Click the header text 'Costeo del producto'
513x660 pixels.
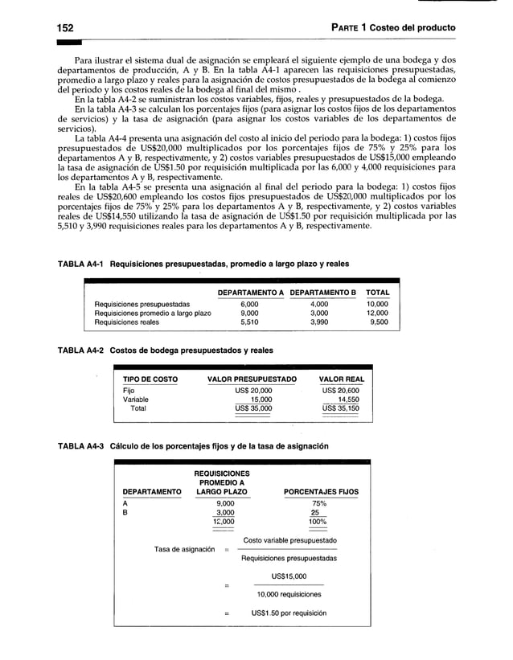(x=412, y=28)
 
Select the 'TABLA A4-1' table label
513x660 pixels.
(x=80, y=264)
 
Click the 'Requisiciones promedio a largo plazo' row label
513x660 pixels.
(x=153, y=314)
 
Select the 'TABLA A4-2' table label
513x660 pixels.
(x=80, y=350)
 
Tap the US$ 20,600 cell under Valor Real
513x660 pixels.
(x=343, y=390)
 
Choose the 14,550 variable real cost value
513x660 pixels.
(x=348, y=399)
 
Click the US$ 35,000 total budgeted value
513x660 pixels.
(x=253, y=408)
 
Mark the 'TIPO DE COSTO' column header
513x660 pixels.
(x=150, y=379)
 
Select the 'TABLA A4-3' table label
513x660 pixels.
(x=80, y=446)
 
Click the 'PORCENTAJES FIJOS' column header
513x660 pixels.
(x=322, y=492)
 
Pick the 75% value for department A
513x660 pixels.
(x=318, y=502)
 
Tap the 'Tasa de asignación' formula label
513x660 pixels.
(x=184, y=549)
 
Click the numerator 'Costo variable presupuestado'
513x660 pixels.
(x=289, y=540)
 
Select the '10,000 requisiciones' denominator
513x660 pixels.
(x=289, y=594)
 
